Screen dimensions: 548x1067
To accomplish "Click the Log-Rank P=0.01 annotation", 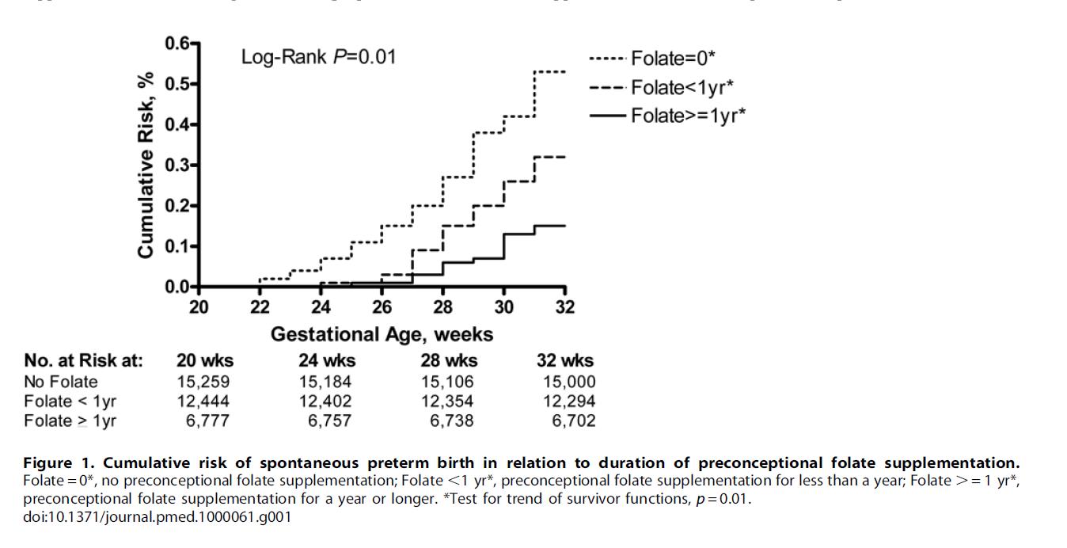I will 318,57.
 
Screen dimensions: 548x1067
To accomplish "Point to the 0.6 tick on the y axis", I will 178,43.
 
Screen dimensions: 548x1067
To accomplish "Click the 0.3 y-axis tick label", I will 178,165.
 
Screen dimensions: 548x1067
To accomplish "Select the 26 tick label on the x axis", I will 382,307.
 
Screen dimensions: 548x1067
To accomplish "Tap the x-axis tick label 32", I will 564,307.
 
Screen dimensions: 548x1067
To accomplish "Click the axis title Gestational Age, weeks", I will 382,334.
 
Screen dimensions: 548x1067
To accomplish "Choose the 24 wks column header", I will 327,361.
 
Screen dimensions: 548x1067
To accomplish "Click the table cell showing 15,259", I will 203,382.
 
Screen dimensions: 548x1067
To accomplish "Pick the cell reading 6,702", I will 573,421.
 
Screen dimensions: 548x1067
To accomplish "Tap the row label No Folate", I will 61,382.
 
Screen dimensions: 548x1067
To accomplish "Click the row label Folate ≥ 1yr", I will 70,421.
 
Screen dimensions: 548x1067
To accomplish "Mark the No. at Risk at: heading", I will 84,361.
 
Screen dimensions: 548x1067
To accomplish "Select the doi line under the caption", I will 158,518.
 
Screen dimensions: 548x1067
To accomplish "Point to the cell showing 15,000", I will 569,382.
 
